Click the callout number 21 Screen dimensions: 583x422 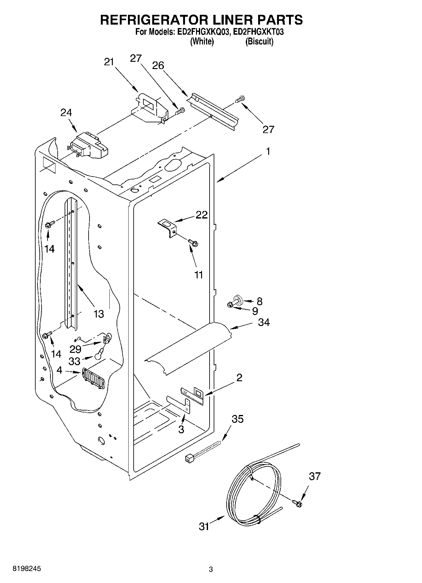109,62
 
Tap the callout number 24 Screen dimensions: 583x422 66,113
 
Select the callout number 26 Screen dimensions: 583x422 158,66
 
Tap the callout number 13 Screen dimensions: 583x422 99,314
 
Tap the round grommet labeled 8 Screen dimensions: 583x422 238,299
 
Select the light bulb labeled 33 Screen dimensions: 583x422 98,355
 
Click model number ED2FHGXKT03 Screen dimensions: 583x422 259,32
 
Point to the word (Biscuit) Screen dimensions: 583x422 259,42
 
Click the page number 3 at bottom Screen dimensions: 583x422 211,569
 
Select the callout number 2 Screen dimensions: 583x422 239,377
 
